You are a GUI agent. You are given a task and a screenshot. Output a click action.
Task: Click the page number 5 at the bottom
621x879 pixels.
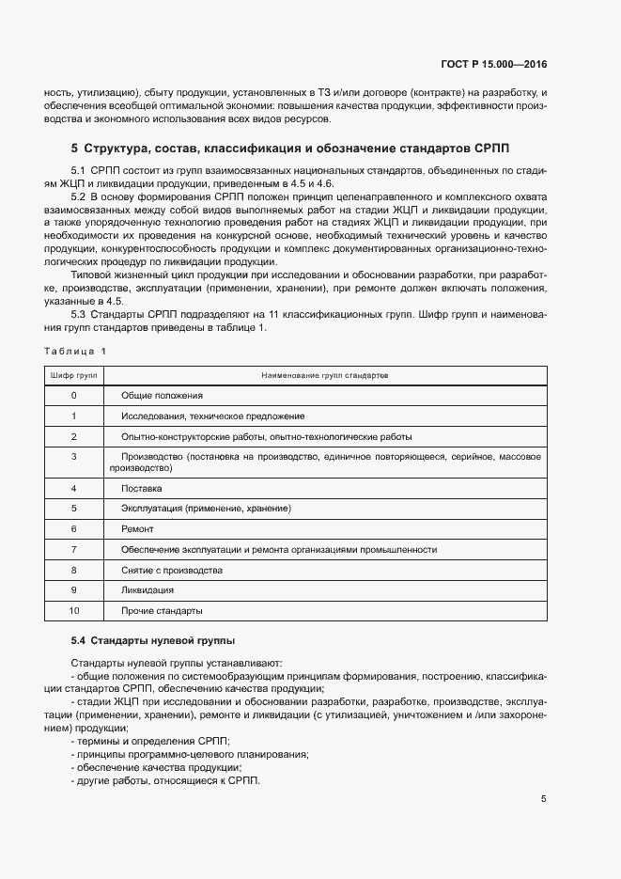543,799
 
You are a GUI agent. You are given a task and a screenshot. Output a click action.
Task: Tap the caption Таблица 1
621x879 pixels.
75,351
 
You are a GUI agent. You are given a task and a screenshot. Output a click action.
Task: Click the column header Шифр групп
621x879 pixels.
73,374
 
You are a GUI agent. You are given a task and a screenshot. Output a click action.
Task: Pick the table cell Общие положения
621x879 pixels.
163,395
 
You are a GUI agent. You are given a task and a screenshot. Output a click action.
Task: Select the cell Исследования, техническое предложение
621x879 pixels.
212,416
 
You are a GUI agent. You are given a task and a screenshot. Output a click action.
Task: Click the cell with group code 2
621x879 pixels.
73,436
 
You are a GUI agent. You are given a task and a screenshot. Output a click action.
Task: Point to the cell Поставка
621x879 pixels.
142,488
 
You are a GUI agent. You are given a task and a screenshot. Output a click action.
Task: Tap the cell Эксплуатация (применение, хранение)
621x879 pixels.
206,509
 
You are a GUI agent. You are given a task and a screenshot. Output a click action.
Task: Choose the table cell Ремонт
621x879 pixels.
138,529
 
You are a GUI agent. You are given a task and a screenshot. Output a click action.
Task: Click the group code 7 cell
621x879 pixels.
73,550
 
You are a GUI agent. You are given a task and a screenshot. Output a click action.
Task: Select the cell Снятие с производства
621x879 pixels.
172,571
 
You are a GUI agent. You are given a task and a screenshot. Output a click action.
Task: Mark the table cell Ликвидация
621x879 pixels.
147,590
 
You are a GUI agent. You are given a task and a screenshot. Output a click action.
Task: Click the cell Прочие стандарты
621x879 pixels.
162,611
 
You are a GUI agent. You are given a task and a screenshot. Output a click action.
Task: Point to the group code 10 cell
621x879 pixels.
73,611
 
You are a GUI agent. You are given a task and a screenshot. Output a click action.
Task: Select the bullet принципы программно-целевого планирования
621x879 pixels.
191,755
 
